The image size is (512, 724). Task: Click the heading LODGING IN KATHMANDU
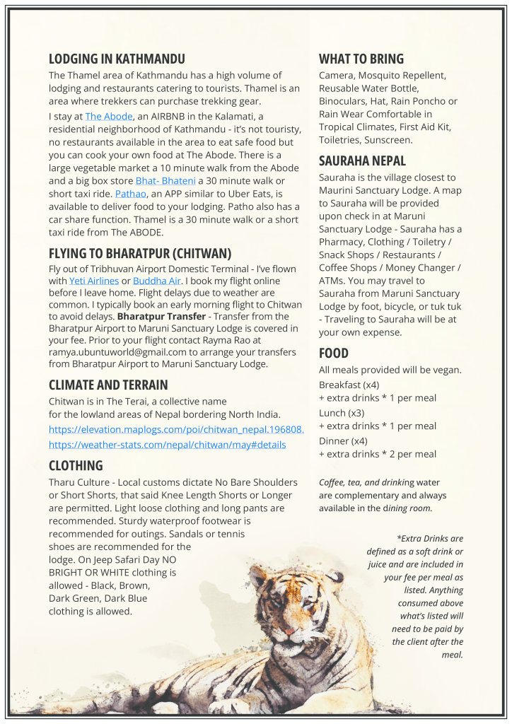117,59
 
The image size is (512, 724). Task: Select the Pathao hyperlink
131,193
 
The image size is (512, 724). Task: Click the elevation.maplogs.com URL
176,429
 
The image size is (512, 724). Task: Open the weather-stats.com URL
167,445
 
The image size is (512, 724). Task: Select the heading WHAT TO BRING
361,59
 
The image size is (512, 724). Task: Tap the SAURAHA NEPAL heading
362,161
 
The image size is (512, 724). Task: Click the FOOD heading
334,353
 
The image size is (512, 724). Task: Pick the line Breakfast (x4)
349,385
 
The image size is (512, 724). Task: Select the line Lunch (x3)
342,412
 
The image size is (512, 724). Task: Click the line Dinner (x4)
343,440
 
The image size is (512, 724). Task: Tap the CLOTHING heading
76,465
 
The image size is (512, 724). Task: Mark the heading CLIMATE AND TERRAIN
108,385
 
